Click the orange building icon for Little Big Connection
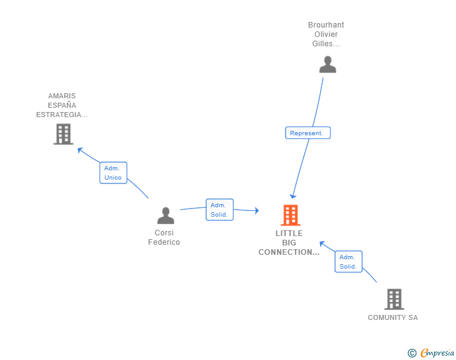[x=290, y=215]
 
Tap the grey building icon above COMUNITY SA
[x=394, y=299]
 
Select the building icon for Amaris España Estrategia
[x=63, y=134]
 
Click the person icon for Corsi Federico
[x=165, y=215]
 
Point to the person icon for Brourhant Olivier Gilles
[x=328, y=64]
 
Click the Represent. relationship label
[x=308, y=133]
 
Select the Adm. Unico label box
[x=113, y=173]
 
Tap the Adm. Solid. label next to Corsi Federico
[x=219, y=210]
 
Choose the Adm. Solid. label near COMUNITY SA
[x=349, y=262]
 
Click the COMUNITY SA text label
[x=393, y=317]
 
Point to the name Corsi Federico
[x=164, y=238]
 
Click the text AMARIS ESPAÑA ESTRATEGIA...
[x=62, y=105]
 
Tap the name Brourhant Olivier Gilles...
[x=326, y=34]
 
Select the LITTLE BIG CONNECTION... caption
[x=289, y=243]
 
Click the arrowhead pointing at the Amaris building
[x=80, y=150]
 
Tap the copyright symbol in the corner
[x=412, y=353]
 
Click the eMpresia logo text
[x=437, y=353]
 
